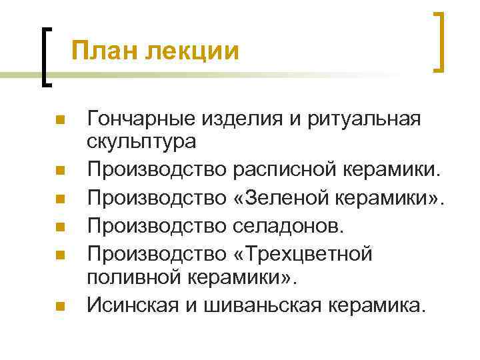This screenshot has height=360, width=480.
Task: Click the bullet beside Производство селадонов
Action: (59, 227)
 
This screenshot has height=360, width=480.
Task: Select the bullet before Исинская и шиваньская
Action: (59, 307)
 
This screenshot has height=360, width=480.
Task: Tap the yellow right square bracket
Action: (438, 42)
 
